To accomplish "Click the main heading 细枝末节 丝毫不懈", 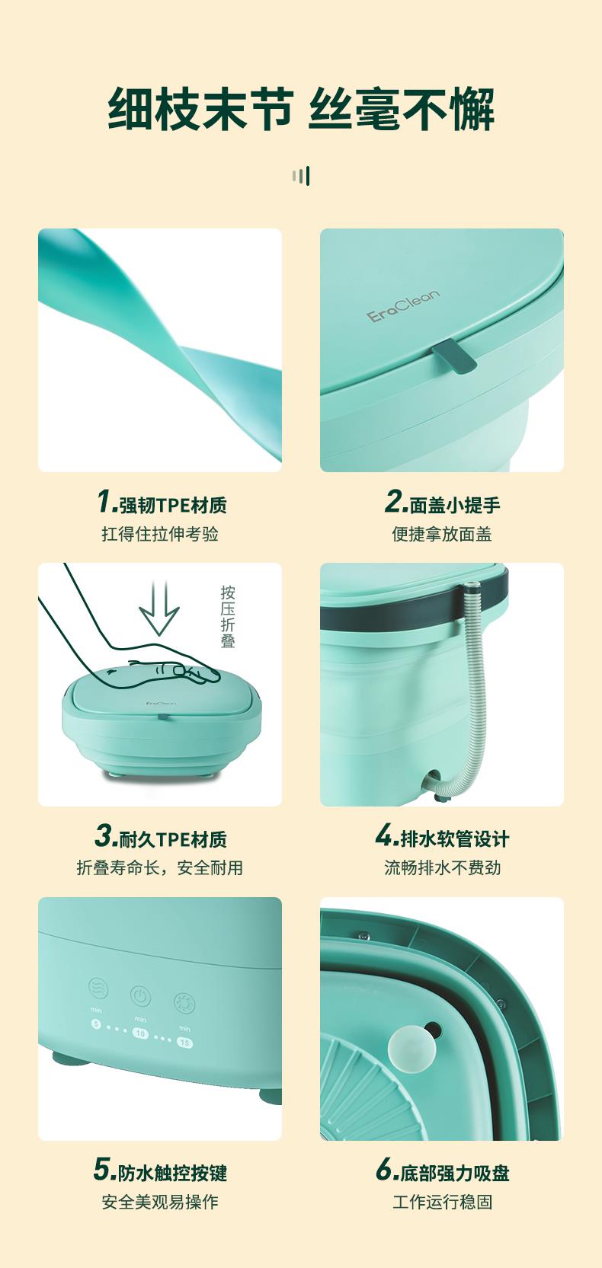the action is [301, 110].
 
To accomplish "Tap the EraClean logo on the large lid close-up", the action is [402, 306].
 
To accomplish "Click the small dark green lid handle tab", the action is [453, 359].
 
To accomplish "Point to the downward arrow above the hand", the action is [159, 608].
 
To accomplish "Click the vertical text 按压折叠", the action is [228, 617].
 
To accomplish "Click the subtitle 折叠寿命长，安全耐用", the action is [160, 867].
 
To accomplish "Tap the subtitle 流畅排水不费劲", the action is [442, 867].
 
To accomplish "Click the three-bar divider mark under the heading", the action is [301, 176].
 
